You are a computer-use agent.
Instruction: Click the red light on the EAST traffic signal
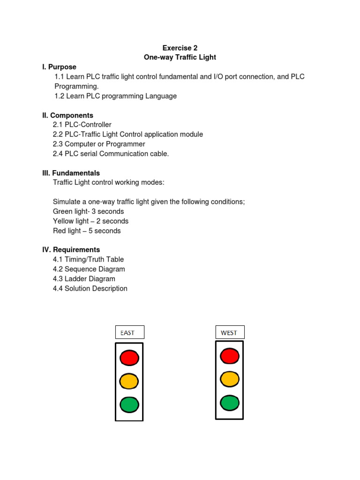tap(129, 358)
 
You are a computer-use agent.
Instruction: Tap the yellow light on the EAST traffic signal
tap(129, 381)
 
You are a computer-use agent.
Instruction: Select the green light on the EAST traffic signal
tap(129, 404)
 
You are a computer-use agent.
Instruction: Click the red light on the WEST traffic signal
tap(230, 356)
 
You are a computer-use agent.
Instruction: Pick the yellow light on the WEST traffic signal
tap(230, 379)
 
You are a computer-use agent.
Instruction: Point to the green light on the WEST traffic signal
tap(230, 402)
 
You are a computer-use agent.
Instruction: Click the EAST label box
tap(130, 332)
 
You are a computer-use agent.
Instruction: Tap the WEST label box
tap(230, 332)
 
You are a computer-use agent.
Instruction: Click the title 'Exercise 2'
tap(180, 48)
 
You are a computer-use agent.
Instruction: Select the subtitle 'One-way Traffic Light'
tap(180, 57)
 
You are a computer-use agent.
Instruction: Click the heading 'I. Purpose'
tap(59, 67)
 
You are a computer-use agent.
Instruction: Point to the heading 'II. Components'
tap(67, 115)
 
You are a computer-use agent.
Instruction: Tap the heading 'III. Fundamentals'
tap(71, 173)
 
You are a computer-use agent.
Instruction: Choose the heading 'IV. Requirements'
tap(71, 250)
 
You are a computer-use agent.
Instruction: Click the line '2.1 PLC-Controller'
tap(82, 125)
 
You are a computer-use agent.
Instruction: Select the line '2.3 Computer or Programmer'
tap(99, 144)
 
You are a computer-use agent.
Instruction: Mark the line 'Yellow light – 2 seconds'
tap(90, 221)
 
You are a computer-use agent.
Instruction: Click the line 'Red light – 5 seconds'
tap(87, 231)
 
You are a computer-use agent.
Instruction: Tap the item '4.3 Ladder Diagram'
tap(84, 279)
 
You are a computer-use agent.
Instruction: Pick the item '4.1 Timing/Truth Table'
tap(88, 259)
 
